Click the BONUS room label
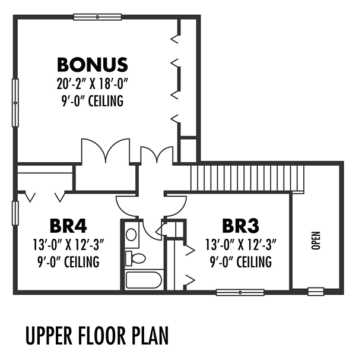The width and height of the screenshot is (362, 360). tap(93, 65)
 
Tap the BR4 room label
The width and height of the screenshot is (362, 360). tap(68, 226)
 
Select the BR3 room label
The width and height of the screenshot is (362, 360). tap(240, 226)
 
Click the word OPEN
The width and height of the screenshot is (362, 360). tap(316, 241)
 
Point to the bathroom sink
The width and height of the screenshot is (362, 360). tap(132, 235)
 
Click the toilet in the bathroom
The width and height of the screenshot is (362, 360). tap(135, 258)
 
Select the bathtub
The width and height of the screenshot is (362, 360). tap(144, 280)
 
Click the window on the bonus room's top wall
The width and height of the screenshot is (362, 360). tap(97, 17)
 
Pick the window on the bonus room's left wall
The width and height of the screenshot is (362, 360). tap(15, 103)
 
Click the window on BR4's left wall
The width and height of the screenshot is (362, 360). tap(15, 213)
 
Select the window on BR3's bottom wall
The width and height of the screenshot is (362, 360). tap(240, 292)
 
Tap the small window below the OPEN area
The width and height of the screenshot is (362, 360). tap(316, 292)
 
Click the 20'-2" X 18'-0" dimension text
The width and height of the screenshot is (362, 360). tap(93, 84)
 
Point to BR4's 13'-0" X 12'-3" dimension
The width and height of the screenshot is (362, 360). tap(68, 245)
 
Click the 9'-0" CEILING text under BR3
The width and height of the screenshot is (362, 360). tap(241, 262)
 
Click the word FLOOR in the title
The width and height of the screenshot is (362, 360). tap(101, 335)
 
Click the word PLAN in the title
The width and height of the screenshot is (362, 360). tap(150, 335)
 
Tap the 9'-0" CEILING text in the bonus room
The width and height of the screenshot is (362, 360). tap(93, 101)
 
